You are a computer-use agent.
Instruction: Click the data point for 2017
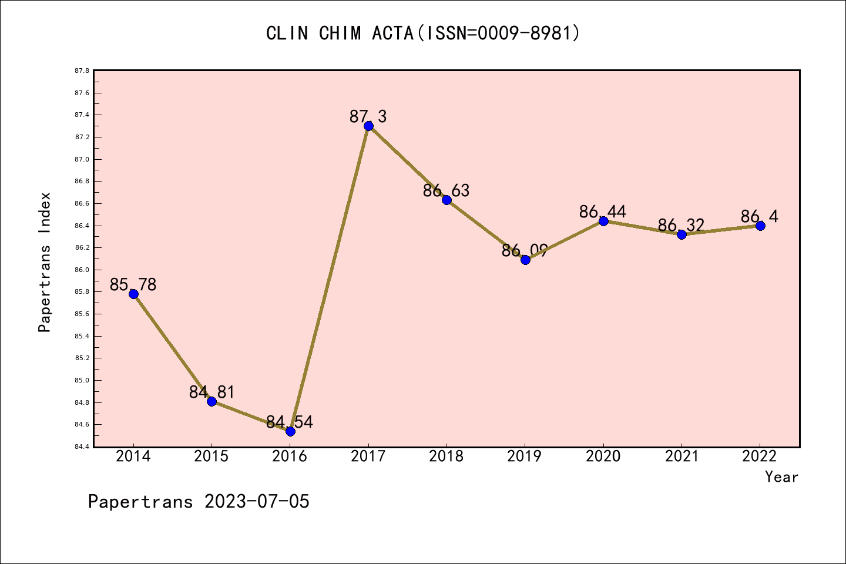tap(368, 126)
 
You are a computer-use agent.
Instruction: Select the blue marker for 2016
tap(290, 431)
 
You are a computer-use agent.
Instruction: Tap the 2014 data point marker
tap(133, 294)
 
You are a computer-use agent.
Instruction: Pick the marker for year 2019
tap(525, 260)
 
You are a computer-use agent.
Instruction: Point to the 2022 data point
tap(760, 226)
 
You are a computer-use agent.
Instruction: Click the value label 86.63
tap(446, 190)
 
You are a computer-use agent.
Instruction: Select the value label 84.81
tap(211, 392)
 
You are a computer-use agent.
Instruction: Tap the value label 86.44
tap(603, 211)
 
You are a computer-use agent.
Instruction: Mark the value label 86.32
tap(681, 225)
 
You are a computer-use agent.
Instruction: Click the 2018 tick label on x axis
tap(446, 456)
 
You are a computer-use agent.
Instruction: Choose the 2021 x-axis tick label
tap(681, 456)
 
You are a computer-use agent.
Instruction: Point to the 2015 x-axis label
tap(211, 456)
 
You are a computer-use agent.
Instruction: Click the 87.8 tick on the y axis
tap(82, 71)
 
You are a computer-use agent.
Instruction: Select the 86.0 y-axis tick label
tap(82, 270)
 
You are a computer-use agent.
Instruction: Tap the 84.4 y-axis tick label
tap(82, 447)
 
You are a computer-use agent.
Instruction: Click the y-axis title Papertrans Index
tap(45, 262)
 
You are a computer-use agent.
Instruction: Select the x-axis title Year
tap(781, 477)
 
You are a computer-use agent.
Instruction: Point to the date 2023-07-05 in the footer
tap(257, 502)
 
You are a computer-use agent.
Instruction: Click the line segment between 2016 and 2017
tap(329, 278)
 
